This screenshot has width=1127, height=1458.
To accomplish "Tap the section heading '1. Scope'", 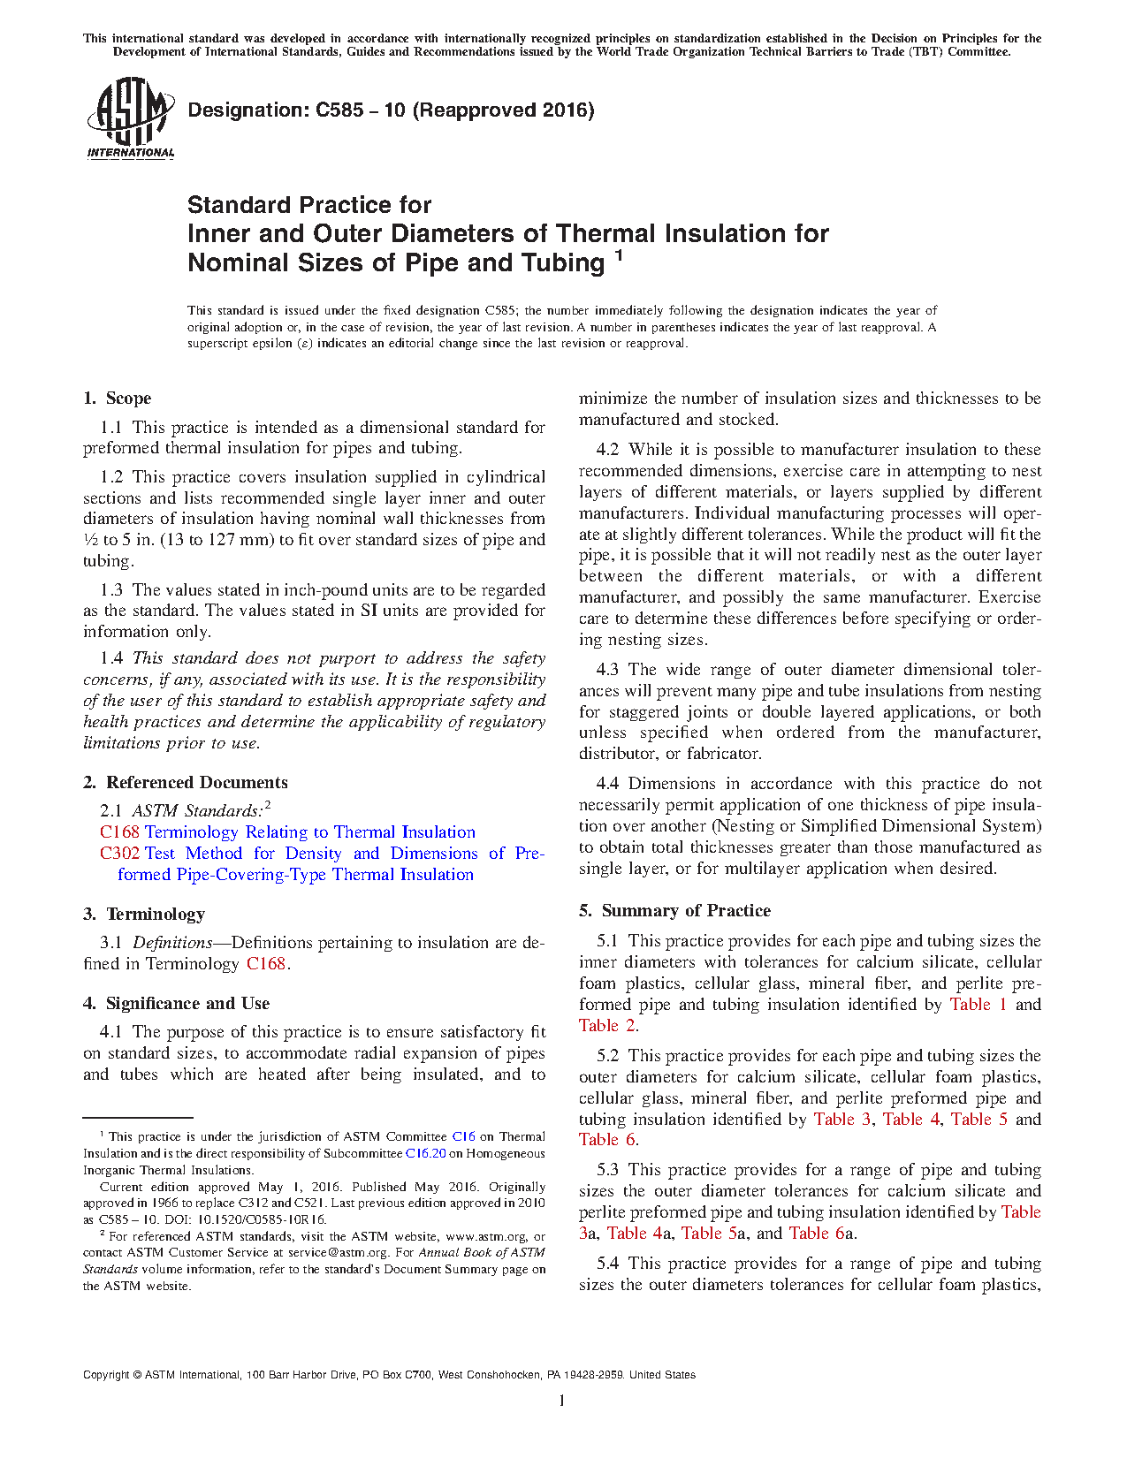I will pyautogui.click(x=118, y=399).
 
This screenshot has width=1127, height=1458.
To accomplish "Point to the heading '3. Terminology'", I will pyautogui.click(x=144, y=915).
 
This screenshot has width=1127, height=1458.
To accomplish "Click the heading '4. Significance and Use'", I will pyautogui.click(x=176, y=1004).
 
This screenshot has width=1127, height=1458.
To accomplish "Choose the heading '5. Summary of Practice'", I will pyautogui.click(x=674, y=911).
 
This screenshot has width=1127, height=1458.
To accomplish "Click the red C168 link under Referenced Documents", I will pyautogui.click(x=119, y=832).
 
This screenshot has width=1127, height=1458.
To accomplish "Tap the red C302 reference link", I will pyautogui.click(x=119, y=854).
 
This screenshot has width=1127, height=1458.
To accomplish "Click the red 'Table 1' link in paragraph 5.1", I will pyautogui.click(x=978, y=1005).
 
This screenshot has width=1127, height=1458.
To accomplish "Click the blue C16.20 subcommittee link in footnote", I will pyautogui.click(x=425, y=1153).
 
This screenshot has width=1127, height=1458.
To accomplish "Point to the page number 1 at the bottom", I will pyautogui.click(x=562, y=1401).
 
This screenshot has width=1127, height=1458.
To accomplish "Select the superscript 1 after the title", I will pyautogui.click(x=619, y=256).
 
